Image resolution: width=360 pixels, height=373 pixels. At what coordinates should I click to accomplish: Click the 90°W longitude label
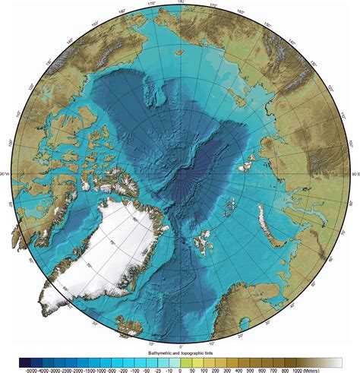click(x=5, y=175)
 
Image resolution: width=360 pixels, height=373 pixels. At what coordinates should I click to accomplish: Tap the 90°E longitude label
click(x=354, y=175)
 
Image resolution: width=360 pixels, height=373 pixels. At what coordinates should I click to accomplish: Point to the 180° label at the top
click(x=179, y=3)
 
